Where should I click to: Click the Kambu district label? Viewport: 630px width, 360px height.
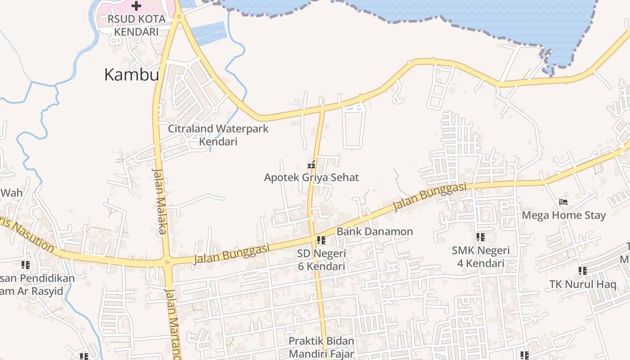click(131, 74)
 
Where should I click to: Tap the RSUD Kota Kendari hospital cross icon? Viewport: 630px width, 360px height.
click(136, 6)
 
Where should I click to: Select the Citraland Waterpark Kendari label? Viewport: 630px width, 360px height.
click(218, 135)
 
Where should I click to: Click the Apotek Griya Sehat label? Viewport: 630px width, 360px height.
click(311, 177)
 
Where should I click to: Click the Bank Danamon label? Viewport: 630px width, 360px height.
click(374, 232)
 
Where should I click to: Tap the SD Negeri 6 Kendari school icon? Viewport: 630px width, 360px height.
click(321, 240)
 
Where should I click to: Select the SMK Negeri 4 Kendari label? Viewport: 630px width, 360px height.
click(481, 256)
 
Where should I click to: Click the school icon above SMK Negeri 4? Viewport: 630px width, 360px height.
click(480, 237)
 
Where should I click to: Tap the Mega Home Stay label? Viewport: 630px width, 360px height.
click(563, 215)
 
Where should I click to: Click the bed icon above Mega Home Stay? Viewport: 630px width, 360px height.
click(563, 202)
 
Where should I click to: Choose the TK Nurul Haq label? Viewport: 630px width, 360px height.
click(583, 284)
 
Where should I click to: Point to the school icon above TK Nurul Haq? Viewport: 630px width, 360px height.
click(582, 271)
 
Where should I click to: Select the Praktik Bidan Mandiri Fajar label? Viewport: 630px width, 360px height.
click(321, 347)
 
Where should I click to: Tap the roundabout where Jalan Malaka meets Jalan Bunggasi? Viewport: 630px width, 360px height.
click(167, 262)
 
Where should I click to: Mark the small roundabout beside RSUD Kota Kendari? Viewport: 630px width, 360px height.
click(179, 17)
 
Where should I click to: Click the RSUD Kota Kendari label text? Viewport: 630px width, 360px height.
click(136, 26)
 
